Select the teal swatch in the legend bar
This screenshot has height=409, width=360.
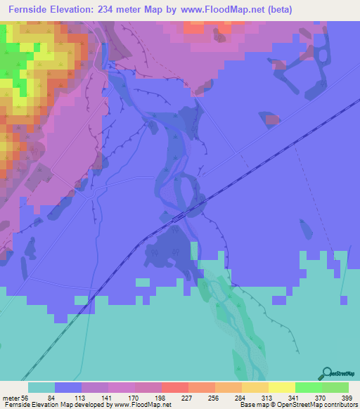(41, 387)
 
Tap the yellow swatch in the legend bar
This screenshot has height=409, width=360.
(282, 387)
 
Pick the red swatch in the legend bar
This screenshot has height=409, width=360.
(175, 387)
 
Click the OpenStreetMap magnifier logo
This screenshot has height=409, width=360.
(326, 373)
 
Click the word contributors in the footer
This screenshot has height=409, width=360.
(338, 405)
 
